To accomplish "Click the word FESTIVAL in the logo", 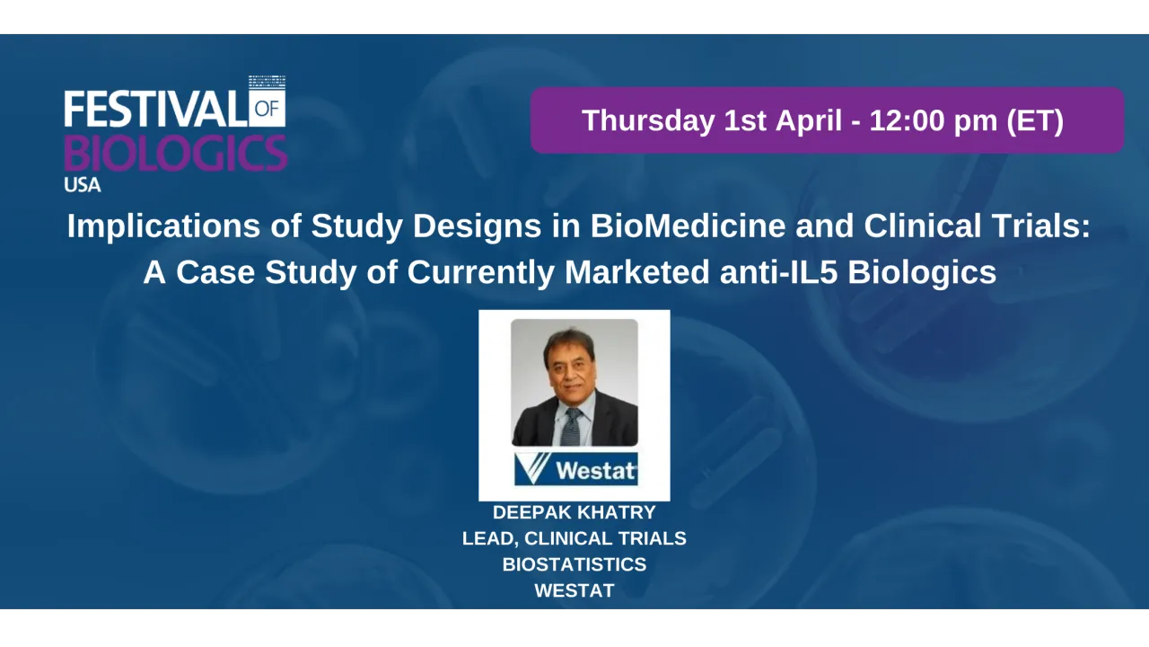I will coord(155,109).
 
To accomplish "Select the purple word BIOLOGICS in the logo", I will coord(175,153).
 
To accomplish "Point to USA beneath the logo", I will coord(83,185).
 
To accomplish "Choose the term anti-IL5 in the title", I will coord(779,272).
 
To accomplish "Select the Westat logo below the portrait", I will coord(575,469).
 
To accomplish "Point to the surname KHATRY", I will coord(620,512).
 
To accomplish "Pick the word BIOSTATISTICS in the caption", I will coord(574,564).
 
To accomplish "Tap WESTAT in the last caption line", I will coord(574,590).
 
